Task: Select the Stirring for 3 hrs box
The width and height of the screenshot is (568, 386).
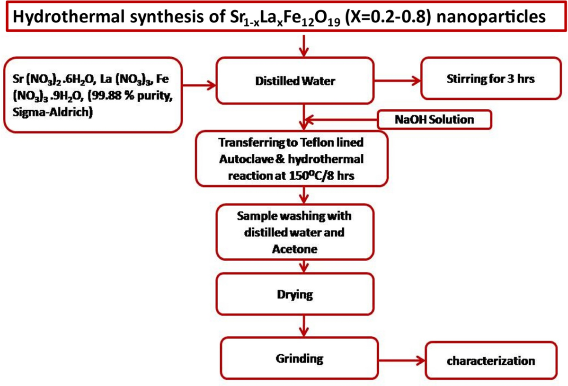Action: point(490,79)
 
